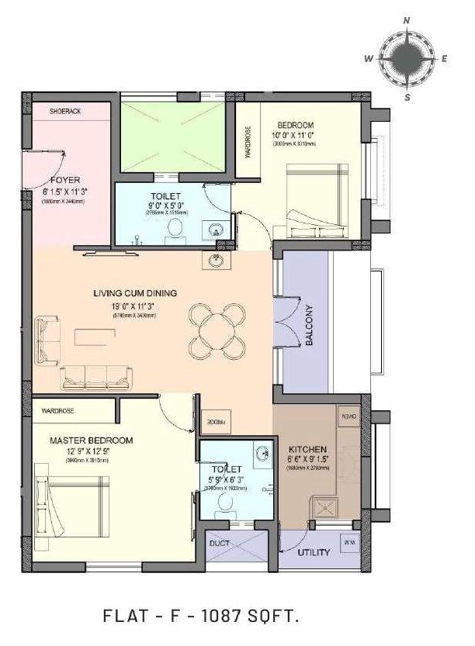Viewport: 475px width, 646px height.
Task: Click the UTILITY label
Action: tap(314, 553)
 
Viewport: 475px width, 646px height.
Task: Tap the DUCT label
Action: tap(219, 544)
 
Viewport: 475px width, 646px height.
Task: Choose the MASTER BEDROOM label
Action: tap(91, 440)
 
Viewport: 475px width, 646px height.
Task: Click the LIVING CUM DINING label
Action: tap(135, 293)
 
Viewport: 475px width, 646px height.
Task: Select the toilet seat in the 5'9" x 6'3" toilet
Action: tap(226, 503)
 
